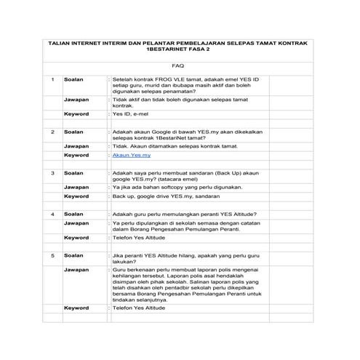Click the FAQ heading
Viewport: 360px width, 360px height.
[178, 64]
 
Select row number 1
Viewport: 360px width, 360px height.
[53, 78]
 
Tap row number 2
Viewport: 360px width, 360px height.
[53, 132]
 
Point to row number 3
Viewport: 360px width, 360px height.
[53, 174]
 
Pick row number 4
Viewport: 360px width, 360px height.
[53, 215]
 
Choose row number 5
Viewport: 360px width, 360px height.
[53, 256]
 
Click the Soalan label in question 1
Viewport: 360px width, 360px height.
[73, 78]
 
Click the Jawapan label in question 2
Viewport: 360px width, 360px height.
[76, 145]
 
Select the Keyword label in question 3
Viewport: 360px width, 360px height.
[76, 196]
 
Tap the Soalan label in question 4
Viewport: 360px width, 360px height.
[73, 215]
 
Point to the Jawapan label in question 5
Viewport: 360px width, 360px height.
[76, 270]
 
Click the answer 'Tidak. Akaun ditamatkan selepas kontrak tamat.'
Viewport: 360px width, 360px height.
[175, 145]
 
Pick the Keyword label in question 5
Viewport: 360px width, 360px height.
[76, 308]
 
